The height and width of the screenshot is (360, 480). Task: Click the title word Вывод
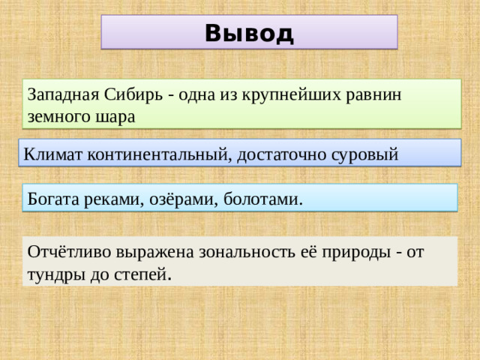click(248, 33)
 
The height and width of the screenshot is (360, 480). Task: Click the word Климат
click(52, 154)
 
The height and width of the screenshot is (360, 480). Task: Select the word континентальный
click(159, 154)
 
